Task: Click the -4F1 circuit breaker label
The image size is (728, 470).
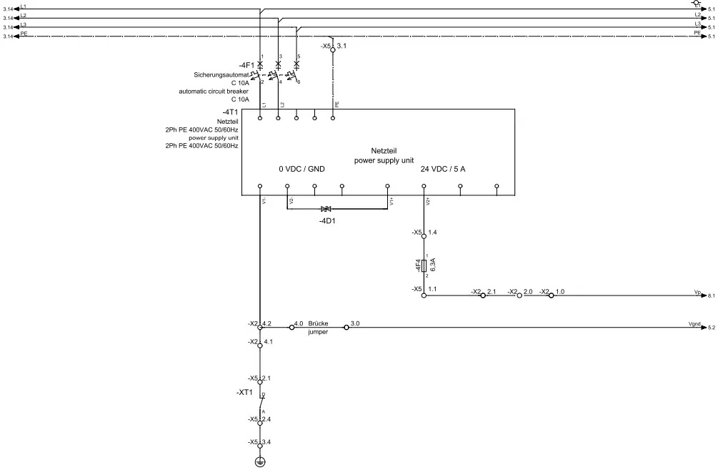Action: pyautogui.click(x=246, y=65)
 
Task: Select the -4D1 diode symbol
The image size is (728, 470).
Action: pyautogui.click(x=326, y=208)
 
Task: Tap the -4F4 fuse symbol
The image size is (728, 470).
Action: pyautogui.click(x=424, y=265)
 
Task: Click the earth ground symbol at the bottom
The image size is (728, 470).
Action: pyautogui.click(x=260, y=462)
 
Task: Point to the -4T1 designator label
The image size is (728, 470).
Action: pyautogui.click(x=229, y=112)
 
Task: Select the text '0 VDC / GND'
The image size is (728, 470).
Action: pyautogui.click(x=302, y=169)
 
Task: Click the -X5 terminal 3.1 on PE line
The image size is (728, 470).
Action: pyautogui.click(x=333, y=49)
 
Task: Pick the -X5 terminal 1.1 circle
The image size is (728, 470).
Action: pyautogui.click(x=424, y=294)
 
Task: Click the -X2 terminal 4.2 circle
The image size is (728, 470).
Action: pyautogui.click(x=260, y=327)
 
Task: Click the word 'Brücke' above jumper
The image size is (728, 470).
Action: pyautogui.click(x=318, y=323)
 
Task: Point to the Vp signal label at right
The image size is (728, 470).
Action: pyautogui.click(x=697, y=293)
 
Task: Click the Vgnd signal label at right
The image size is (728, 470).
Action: pyautogui.click(x=694, y=325)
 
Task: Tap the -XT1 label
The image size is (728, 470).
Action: pyautogui.click(x=245, y=393)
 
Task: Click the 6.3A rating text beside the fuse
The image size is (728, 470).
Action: pyautogui.click(x=434, y=265)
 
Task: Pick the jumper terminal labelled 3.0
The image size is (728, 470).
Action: pyautogui.click(x=346, y=327)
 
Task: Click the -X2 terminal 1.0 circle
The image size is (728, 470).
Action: pyautogui.click(x=550, y=295)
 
